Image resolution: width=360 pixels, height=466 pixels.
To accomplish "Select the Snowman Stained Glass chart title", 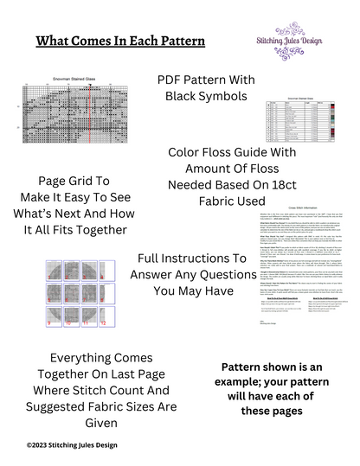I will coord(74,78).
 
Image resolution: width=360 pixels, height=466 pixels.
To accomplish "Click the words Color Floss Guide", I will coord(207,152).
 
